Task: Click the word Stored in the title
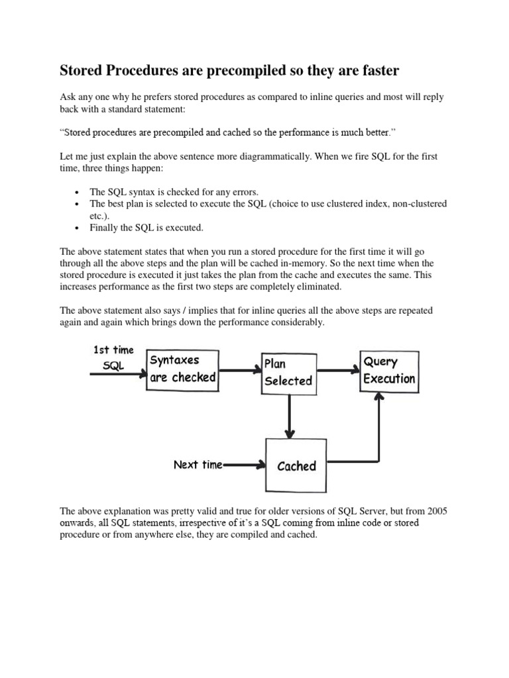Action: pyautogui.click(x=82, y=70)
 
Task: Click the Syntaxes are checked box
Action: pyautogui.click(x=182, y=369)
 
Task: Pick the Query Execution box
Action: pyautogui.click(x=389, y=371)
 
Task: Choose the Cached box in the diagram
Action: pyautogui.click(x=296, y=465)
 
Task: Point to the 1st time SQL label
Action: pyautogui.click(x=113, y=358)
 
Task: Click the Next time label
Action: pyautogui.click(x=198, y=465)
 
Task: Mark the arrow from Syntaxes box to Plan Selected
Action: pyautogui.click(x=239, y=371)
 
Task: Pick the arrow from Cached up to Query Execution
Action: pyautogui.click(x=378, y=430)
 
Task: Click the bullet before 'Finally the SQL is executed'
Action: pyautogui.click(x=78, y=228)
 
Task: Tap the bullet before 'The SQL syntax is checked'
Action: pyautogui.click(x=78, y=192)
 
